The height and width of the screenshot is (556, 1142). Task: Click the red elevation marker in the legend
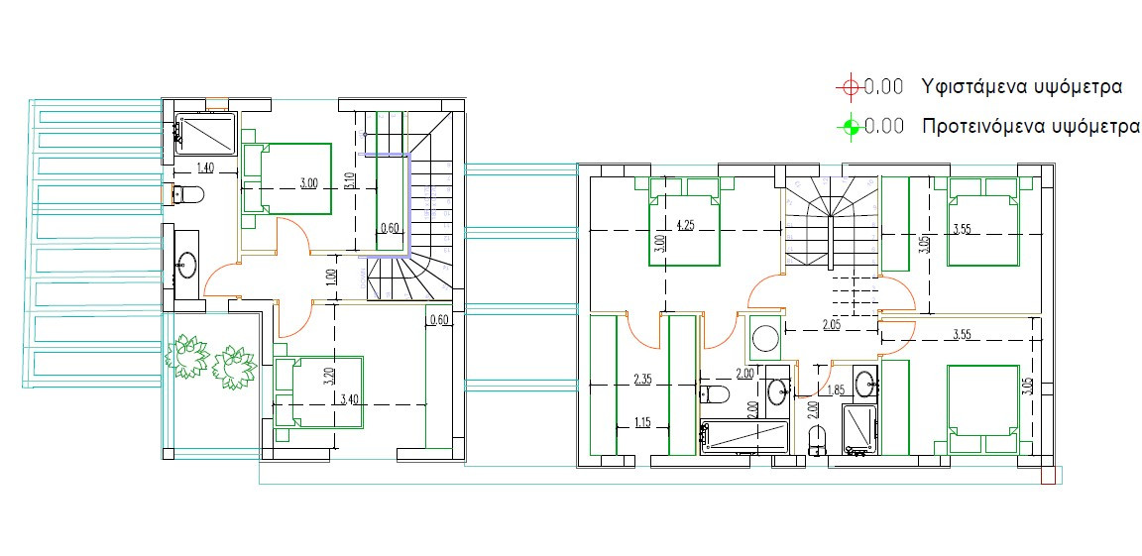pyautogui.click(x=849, y=87)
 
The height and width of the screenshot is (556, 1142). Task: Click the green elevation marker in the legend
pyautogui.click(x=849, y=127)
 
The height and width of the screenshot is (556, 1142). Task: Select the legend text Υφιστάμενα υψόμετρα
pyautogui.click(x=1021, y=86)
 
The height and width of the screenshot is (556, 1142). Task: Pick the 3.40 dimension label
pyautogui.click(x=349, y=399)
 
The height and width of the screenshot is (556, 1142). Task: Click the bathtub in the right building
pyautogui.click(x=743, y=436)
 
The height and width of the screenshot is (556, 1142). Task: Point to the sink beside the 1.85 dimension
pyautogui.click(x=865, y=380)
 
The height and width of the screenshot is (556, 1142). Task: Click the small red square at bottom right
pyautogui.click(x=1049, y=478)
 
